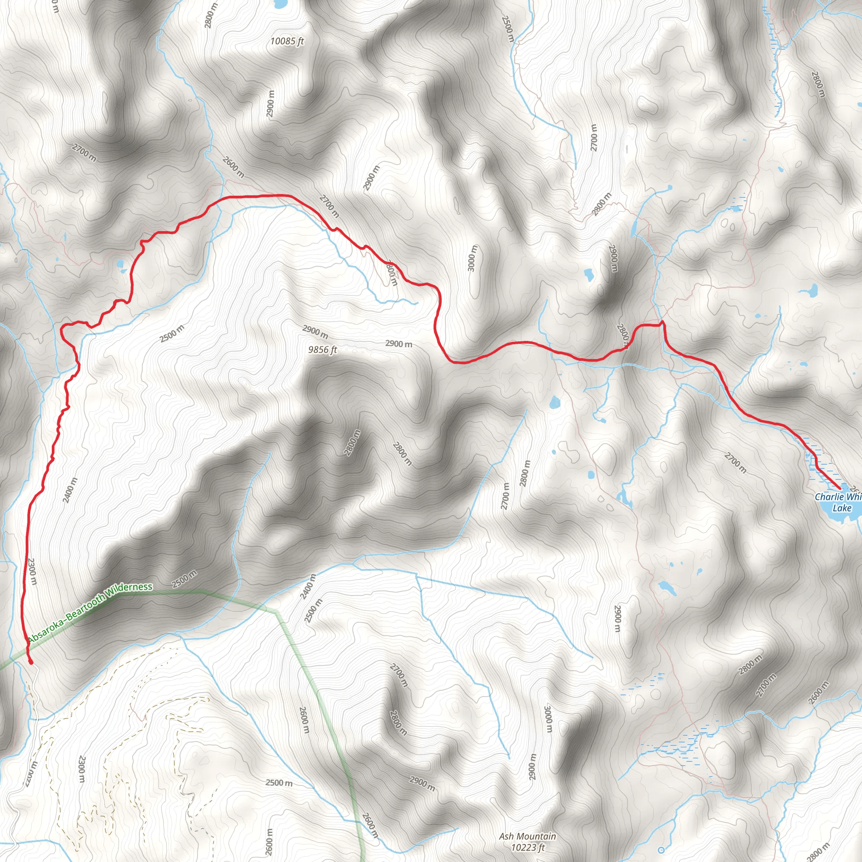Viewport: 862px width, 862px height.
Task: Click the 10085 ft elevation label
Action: coord(287,42)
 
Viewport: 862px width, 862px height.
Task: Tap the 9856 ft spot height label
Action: coord(322,350)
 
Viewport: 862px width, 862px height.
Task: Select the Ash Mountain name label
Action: coord(527,836)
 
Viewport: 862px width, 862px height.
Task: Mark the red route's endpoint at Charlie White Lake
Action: coord(841,490)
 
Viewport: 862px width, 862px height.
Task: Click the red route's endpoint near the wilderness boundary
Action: coord(30,663)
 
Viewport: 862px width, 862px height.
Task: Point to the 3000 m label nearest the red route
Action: coord(473,258)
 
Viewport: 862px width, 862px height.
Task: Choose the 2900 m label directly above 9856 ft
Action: coord(315,332)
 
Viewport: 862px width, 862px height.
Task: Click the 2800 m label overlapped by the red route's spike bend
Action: coord(623,335)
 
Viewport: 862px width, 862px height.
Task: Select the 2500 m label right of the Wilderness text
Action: coord(184,579)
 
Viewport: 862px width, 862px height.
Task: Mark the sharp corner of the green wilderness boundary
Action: coord(277,612)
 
